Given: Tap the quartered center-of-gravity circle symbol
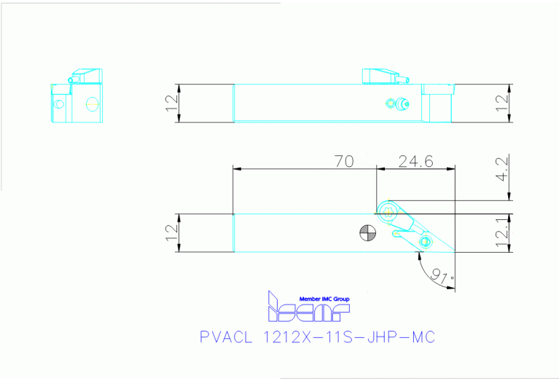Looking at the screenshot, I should (368, 233).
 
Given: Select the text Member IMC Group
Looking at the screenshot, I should (324, 299).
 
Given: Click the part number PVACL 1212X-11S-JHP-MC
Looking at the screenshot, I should (317, 338).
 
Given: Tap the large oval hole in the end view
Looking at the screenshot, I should (91, 103).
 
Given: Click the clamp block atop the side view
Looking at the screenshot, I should (378, 76).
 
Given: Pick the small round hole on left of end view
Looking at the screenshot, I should (60, 103).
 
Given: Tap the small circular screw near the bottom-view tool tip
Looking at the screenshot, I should (426, 241).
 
